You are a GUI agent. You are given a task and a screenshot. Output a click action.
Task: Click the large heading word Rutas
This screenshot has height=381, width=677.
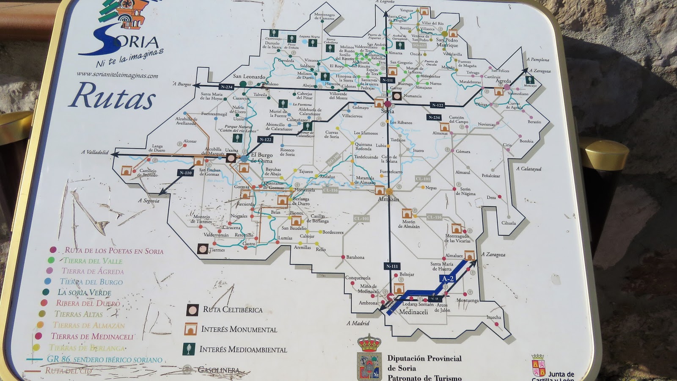(112, 96)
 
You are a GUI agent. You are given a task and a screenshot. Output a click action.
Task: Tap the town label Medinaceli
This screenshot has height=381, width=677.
(413, 312)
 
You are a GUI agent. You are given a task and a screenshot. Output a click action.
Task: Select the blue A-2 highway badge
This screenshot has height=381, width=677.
(448, 279)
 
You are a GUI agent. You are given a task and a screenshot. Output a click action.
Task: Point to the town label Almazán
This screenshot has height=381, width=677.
(388, 199)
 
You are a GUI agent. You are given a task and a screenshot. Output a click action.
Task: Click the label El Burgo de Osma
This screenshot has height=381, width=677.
(261, 158)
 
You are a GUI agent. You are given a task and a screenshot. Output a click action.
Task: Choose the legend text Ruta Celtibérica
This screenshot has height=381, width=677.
(232, 309)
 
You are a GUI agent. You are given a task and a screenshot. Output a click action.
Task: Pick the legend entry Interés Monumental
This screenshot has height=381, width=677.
(239, 329)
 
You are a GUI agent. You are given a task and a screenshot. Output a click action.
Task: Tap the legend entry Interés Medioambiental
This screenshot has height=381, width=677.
(243, 350)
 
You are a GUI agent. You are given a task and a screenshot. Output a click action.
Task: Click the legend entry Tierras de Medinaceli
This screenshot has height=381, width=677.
(92, 337)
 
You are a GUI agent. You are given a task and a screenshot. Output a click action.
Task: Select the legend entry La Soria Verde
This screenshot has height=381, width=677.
(84, 293)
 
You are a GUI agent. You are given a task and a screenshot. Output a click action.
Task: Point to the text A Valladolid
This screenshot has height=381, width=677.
(95, 152)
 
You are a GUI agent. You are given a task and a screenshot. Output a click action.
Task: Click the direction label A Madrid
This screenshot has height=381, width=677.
(358, 323)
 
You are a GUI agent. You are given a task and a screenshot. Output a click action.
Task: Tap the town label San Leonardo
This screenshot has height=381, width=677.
(249, 77)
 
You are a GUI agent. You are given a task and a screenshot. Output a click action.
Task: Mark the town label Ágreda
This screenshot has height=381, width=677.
(503, 81)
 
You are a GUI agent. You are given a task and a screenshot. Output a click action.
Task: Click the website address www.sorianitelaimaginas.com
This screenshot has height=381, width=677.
(117, 75)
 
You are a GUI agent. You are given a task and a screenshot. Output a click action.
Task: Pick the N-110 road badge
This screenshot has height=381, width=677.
(186, 173)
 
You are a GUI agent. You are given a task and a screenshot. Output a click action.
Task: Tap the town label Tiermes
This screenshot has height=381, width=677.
(217, 250)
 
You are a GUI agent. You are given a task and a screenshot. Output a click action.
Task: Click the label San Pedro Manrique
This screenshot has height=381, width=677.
(447, 43)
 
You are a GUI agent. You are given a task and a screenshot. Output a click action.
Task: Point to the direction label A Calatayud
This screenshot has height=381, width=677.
(528, 169)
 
